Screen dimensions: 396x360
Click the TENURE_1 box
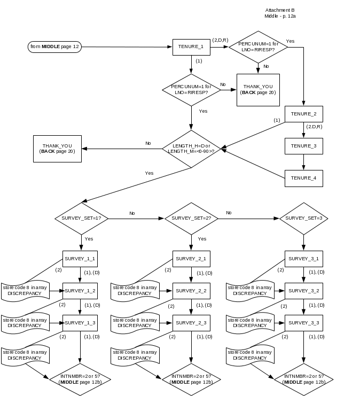pos(191,47)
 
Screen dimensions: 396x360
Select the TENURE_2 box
pos(304,114)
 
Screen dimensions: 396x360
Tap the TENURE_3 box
pos(304,146)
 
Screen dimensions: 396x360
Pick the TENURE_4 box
pos(304,178)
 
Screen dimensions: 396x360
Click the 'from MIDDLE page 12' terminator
pos(55,47)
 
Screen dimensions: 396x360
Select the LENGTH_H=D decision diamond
pos(191,149)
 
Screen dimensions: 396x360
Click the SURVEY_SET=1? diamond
pos(81,218)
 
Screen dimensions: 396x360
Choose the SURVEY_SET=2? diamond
pos(191,218)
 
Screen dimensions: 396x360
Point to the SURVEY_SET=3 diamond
pos(304,218)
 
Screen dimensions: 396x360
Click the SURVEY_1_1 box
pos(80,259)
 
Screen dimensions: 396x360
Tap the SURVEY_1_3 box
pos(80,323)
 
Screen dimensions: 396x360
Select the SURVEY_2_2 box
pos(191,291)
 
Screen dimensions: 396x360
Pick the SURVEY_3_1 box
pos(304,259)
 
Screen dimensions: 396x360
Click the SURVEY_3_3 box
pos(304,323)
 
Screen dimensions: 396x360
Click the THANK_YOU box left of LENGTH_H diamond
pos(57,149)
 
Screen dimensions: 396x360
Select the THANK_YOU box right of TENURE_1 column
pos(259,89)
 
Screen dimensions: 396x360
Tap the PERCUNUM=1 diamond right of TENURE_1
pos(259,47)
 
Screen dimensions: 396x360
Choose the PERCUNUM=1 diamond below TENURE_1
pos(191,89)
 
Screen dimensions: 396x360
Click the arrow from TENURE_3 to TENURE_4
pos(304,162)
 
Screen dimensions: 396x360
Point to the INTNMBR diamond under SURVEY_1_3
pos(80,379)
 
